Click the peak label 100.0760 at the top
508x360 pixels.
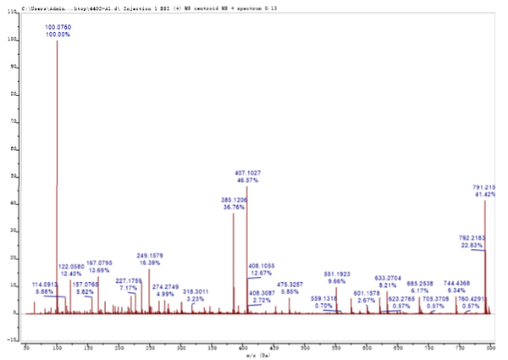tap(58, 27)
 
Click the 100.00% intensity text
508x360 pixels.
tap(58, 35)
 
